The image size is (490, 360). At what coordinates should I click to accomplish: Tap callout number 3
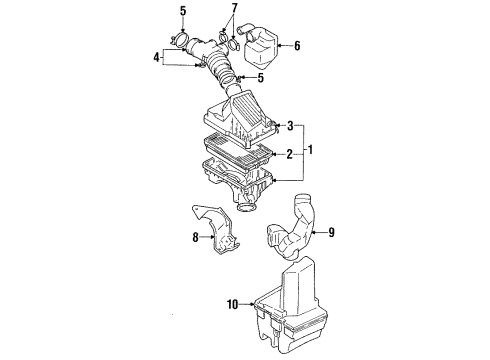coord(290,126)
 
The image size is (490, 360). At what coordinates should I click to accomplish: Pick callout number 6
coord(296,45)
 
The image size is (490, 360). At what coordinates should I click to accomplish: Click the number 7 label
coord(234,10)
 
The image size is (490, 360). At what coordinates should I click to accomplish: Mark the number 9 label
coord(332,234)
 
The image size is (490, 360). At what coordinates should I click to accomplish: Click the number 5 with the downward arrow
coord(182,11)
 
